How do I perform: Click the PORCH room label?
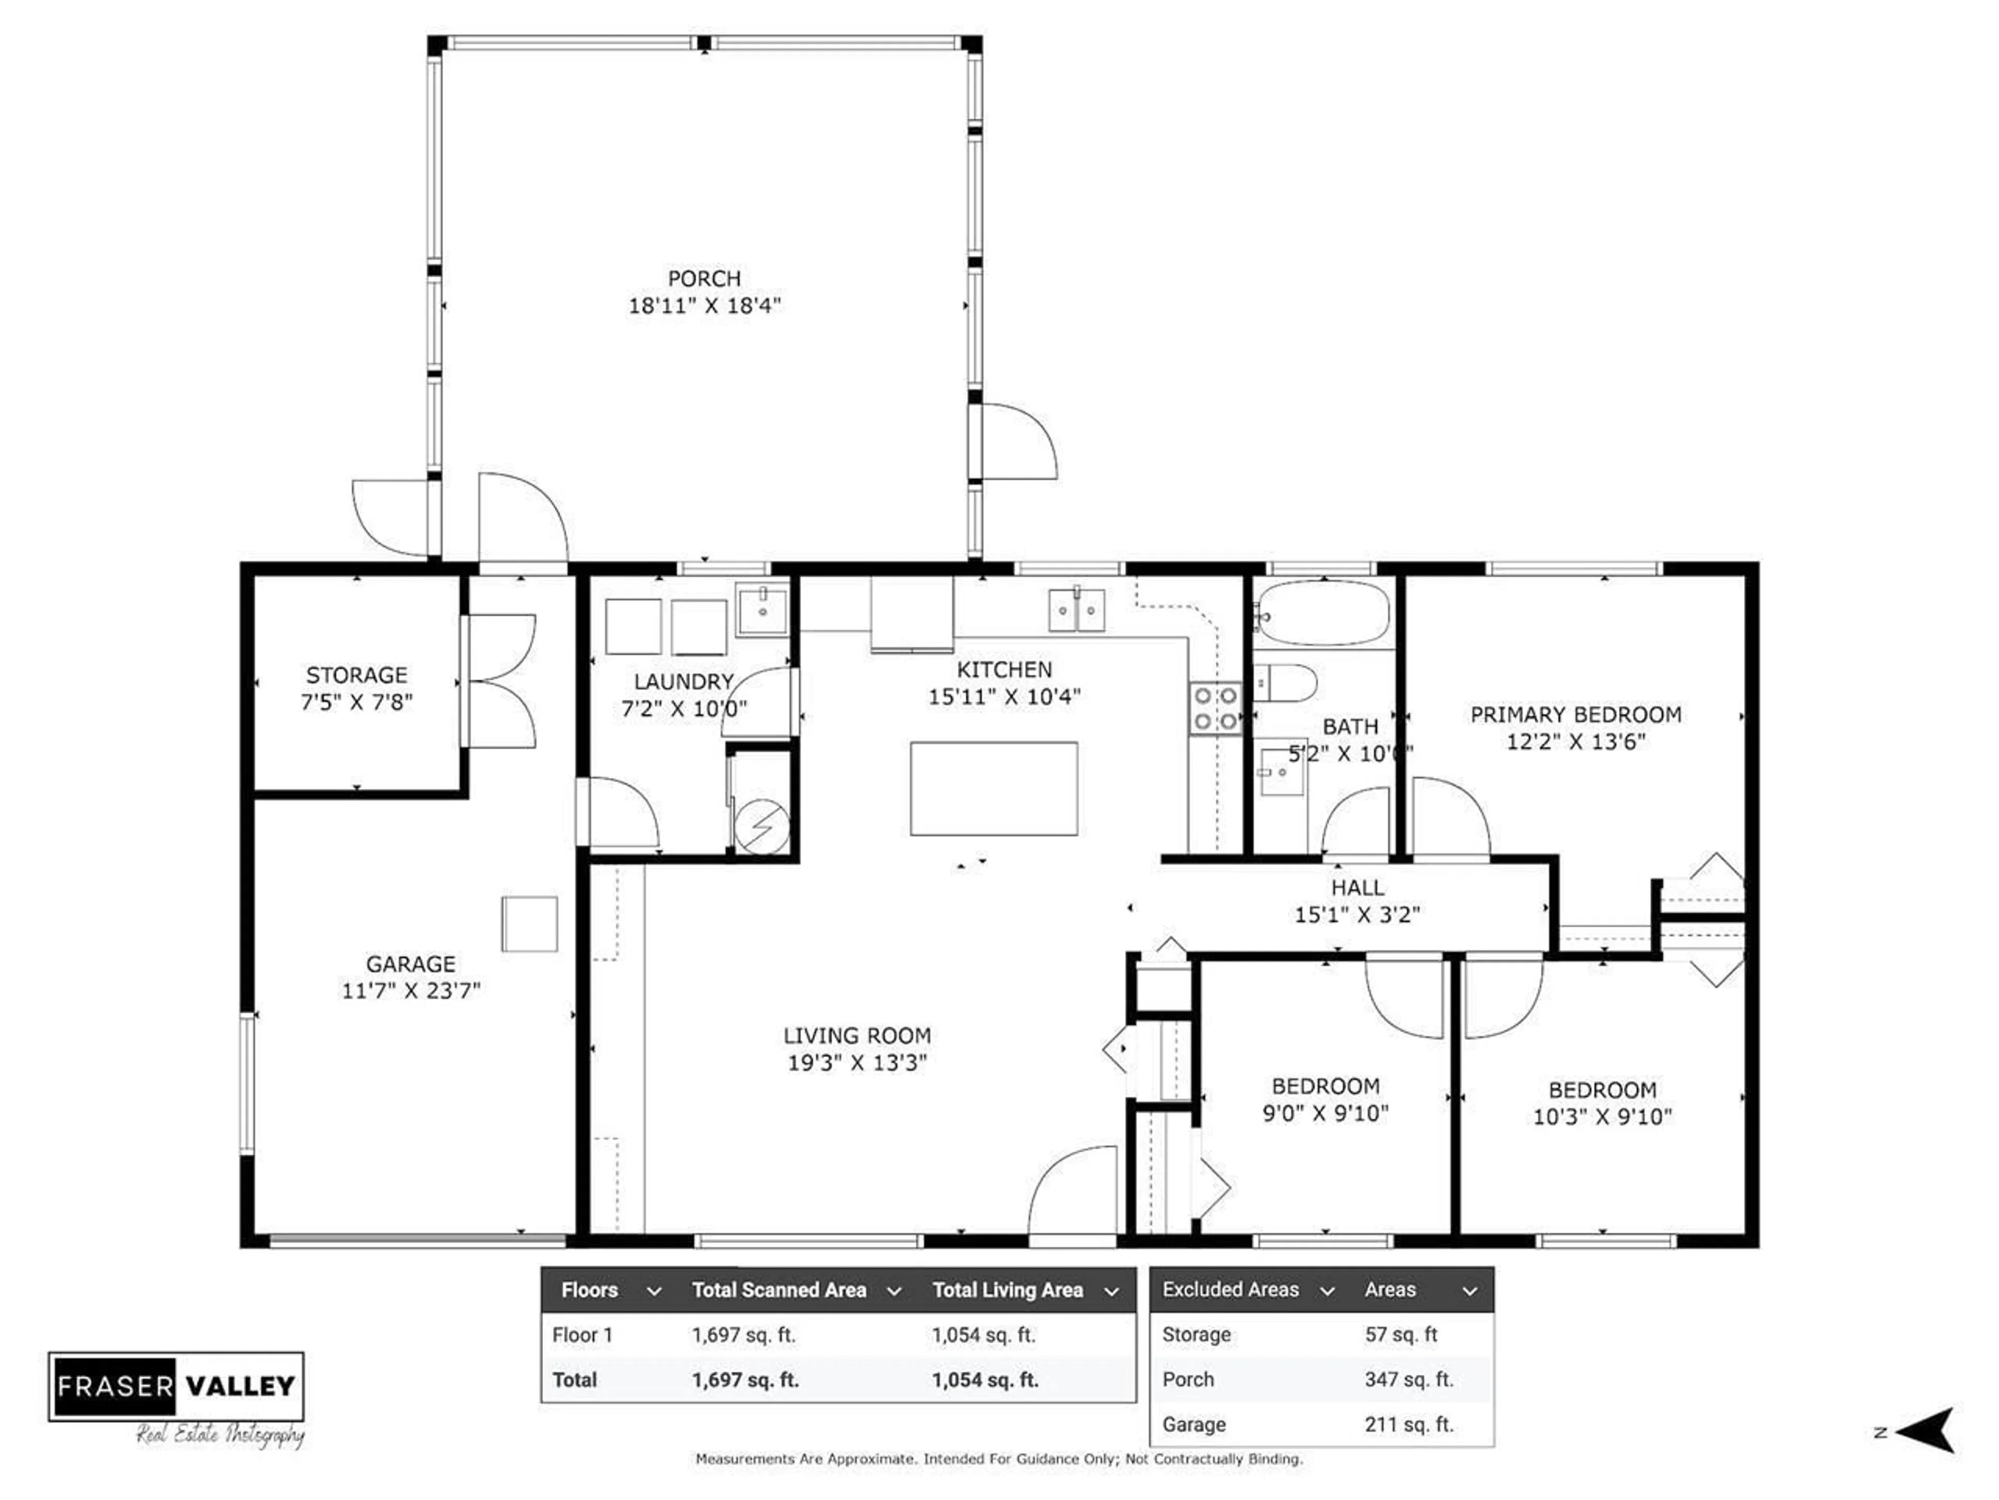(x=704, y=278)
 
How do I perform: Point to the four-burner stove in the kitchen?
(x=1216, y=707)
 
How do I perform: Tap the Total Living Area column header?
(x=1008, y=1290)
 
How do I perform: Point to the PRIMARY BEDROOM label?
(x=1575, y=715)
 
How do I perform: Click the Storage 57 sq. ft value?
(x=1401, y=1334)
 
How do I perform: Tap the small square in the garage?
(x=529, y=923)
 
